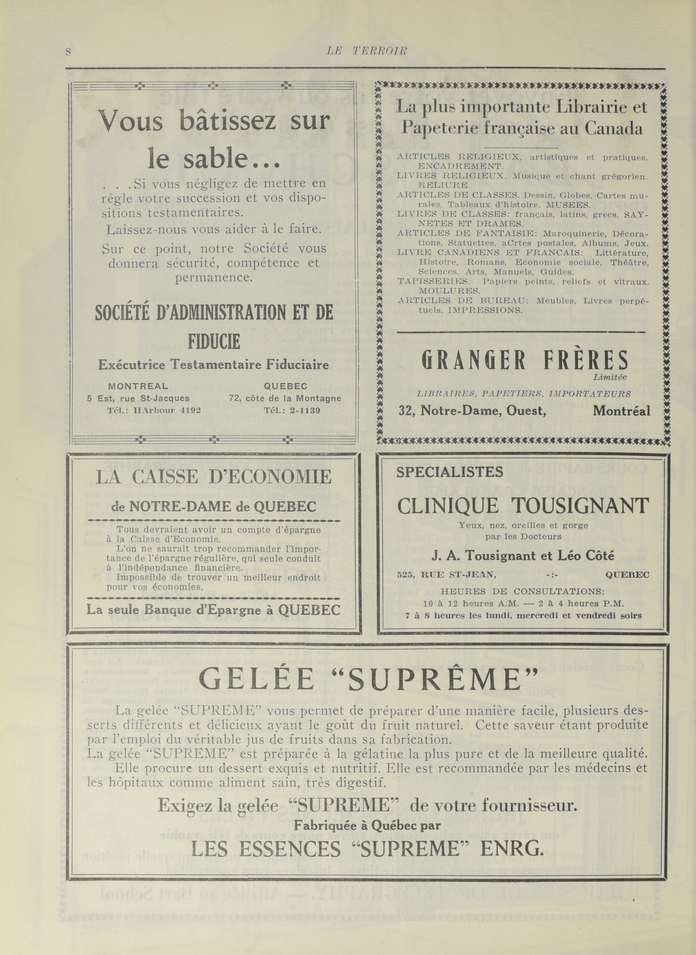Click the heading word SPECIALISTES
(x=450, y=472)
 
